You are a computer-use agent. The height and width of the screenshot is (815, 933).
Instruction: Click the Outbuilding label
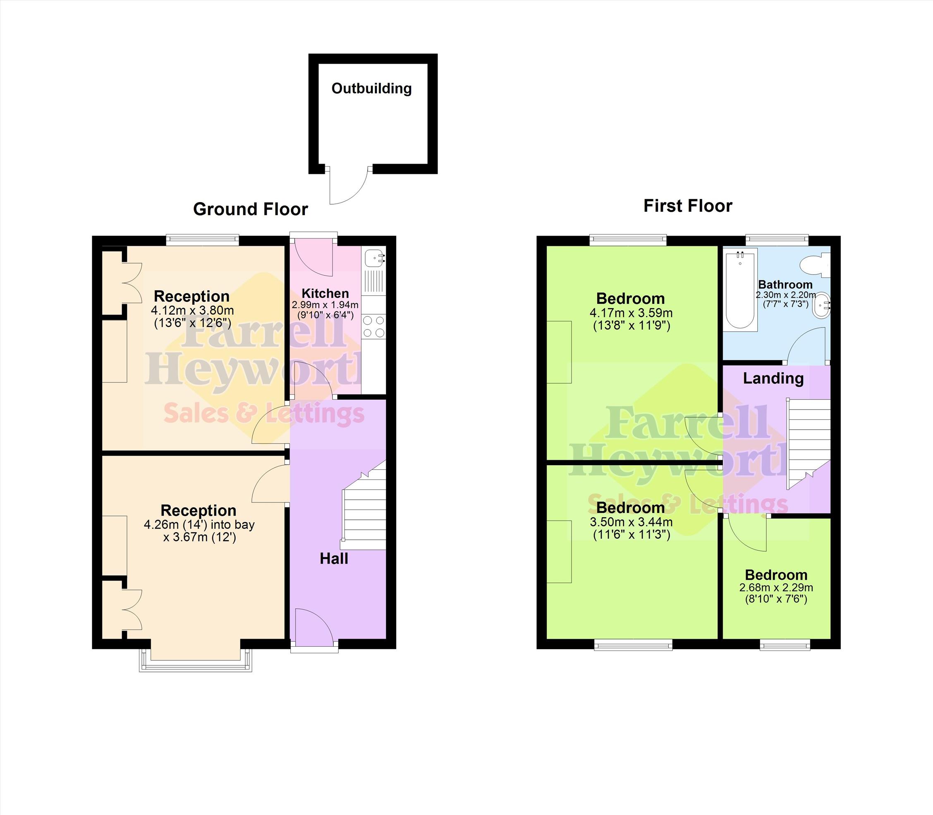click(371, 88)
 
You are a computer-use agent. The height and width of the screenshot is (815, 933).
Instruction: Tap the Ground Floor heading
click(250, 209)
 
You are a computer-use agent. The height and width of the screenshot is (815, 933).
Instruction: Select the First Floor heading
click(688, 206)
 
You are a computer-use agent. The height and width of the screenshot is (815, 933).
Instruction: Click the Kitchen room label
click(325, 293)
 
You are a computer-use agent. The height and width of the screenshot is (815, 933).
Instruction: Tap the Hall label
click(334, 559)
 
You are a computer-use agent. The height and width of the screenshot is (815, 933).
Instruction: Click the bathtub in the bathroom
click(740, 289)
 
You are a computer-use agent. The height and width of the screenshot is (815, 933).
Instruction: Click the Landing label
click(773, 378)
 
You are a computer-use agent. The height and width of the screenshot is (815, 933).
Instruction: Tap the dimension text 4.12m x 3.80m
click(192, 311)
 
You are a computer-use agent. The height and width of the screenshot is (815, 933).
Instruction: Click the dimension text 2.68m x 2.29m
click(776, 588)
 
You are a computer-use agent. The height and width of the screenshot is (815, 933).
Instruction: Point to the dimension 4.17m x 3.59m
click(631, 313)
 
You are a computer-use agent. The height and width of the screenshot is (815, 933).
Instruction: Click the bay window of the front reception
click(196, 660)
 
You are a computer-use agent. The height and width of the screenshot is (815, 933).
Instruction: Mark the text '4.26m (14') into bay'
click(199, 524)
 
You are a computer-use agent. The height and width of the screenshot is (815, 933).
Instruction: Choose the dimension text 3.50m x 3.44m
click(631, 522)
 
